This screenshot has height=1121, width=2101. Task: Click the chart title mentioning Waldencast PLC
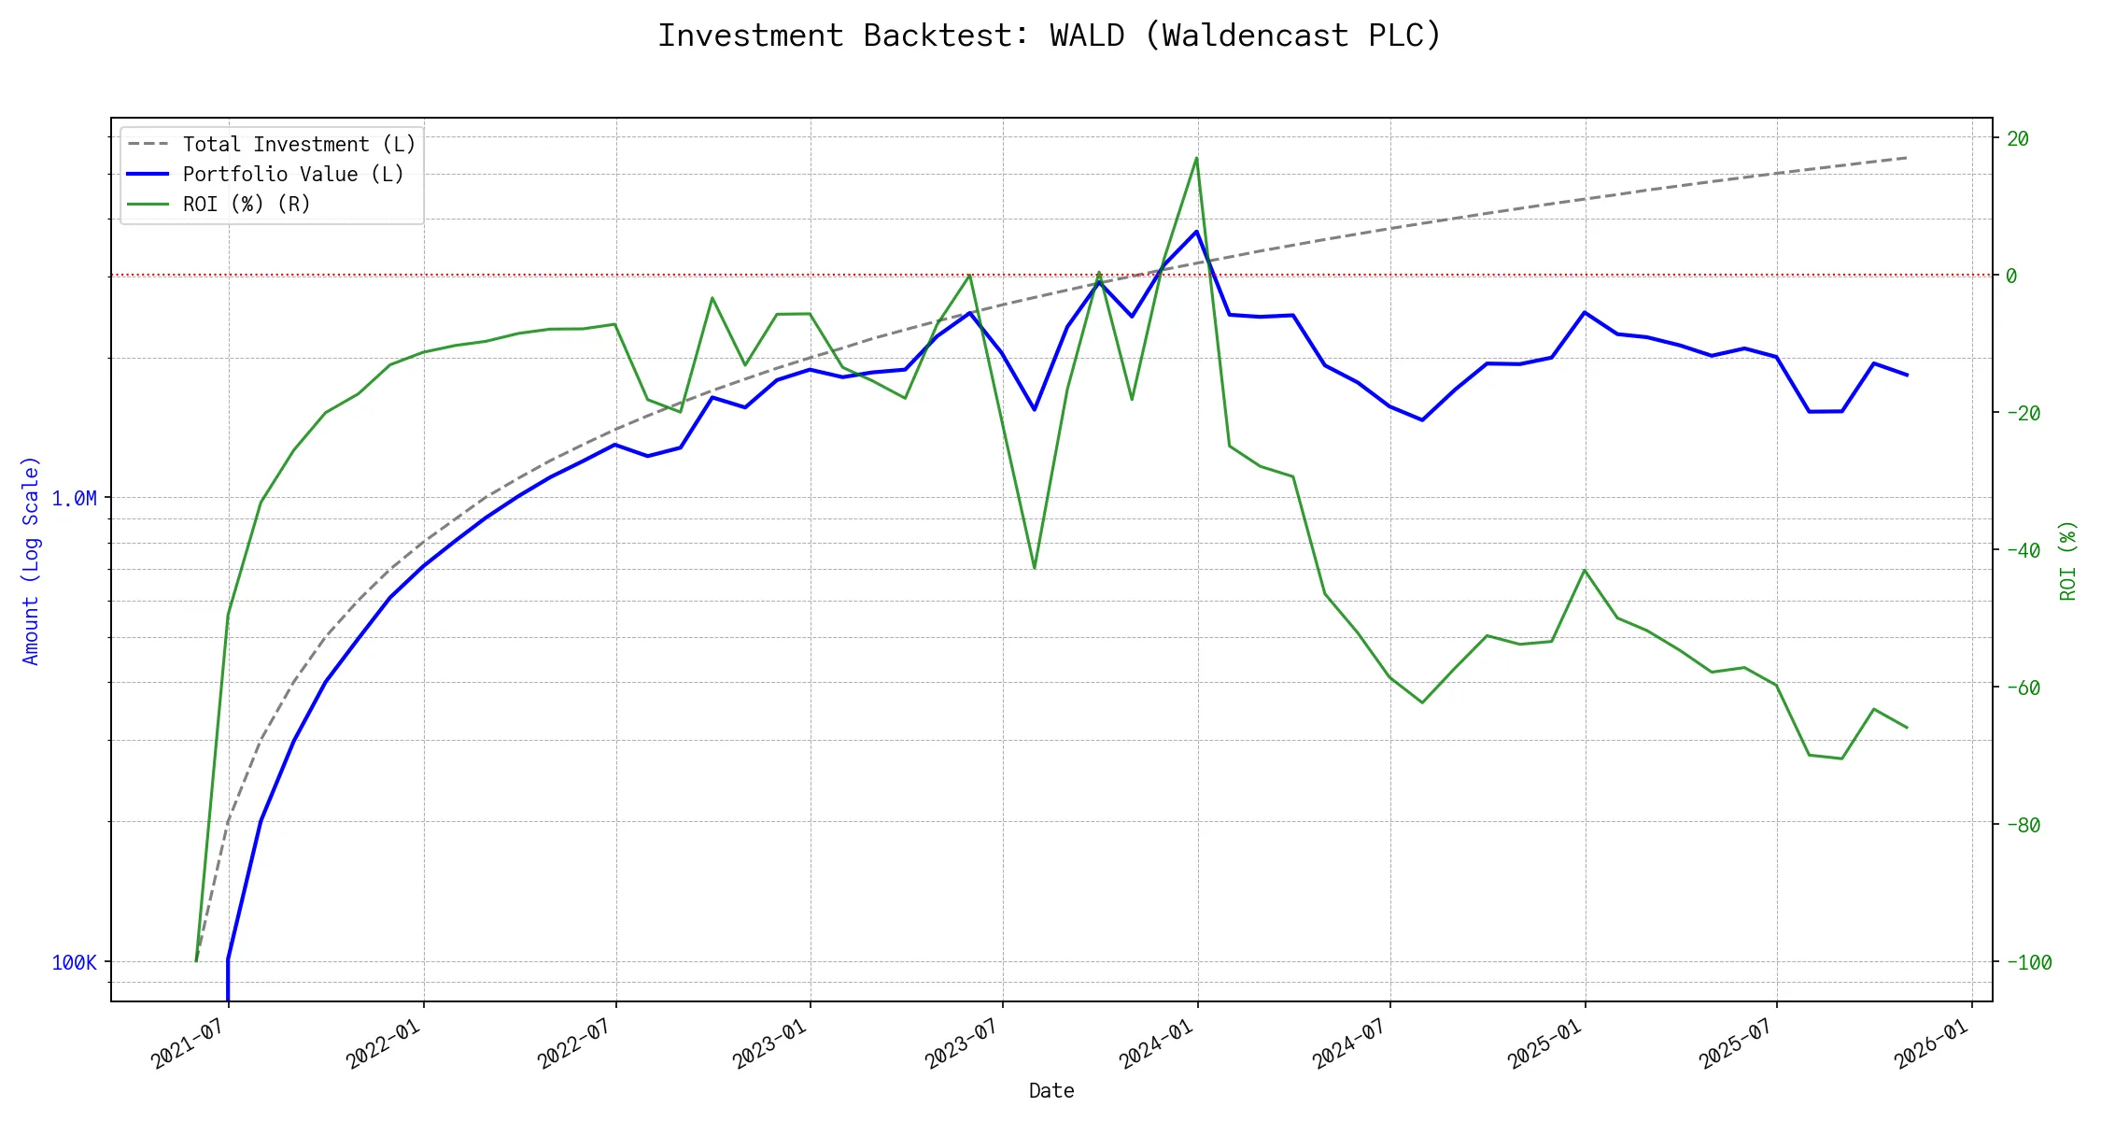(1050, 35)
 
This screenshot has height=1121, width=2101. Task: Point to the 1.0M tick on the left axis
(75, 499)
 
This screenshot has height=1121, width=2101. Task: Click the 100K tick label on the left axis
(75, 963)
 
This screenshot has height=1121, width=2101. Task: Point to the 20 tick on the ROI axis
(2018, 139)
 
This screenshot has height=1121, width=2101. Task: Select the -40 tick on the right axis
(2023, 551)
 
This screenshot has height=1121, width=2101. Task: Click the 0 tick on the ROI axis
(2012, 277)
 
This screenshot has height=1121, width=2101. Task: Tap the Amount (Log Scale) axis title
(32, 560)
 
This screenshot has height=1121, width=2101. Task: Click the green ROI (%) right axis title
(2068, 560)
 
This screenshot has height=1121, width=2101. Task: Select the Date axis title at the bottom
(1051, 1091)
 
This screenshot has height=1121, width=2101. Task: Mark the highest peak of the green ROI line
(1196, 158)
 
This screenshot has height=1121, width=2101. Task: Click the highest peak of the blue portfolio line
(1196, 232)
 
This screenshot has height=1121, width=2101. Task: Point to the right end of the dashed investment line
(1907, 158)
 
